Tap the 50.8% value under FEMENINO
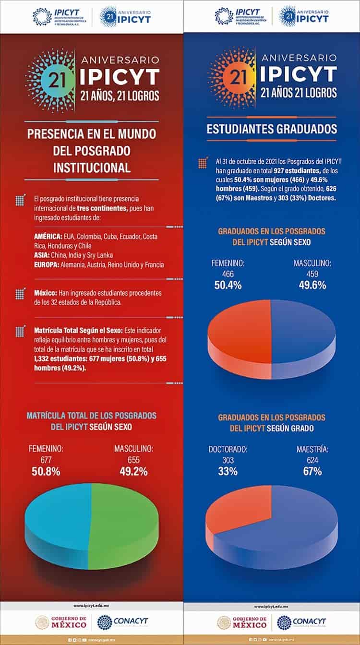coord(46,472)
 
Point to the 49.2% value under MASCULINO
coord(133,472)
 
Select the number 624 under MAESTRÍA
coord(312,460)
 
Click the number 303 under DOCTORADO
coord(228,460)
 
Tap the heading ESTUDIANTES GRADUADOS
coord(272,129)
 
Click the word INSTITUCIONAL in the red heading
coord(91,167)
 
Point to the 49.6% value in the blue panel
coord(312,285)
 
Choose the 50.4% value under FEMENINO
coord(228,285)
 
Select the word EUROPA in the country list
coord(47,264)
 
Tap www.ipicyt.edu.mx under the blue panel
coord(272,606)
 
